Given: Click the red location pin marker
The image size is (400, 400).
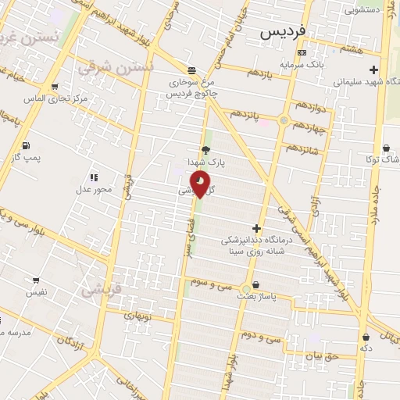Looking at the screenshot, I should tap(201, 184).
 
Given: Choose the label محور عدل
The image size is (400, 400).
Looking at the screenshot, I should tap(93, 189).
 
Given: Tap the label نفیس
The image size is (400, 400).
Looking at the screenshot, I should tap(37, 292).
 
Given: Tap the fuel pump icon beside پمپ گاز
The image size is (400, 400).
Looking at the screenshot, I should tap(26, 145).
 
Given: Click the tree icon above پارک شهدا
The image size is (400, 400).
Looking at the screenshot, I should tap(205, 150).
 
